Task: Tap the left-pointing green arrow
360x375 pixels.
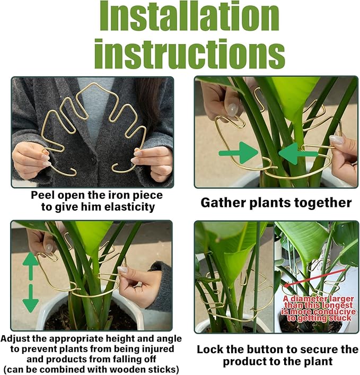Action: (x=297, y=153)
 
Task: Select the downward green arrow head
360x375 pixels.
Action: (x=30, y=304)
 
